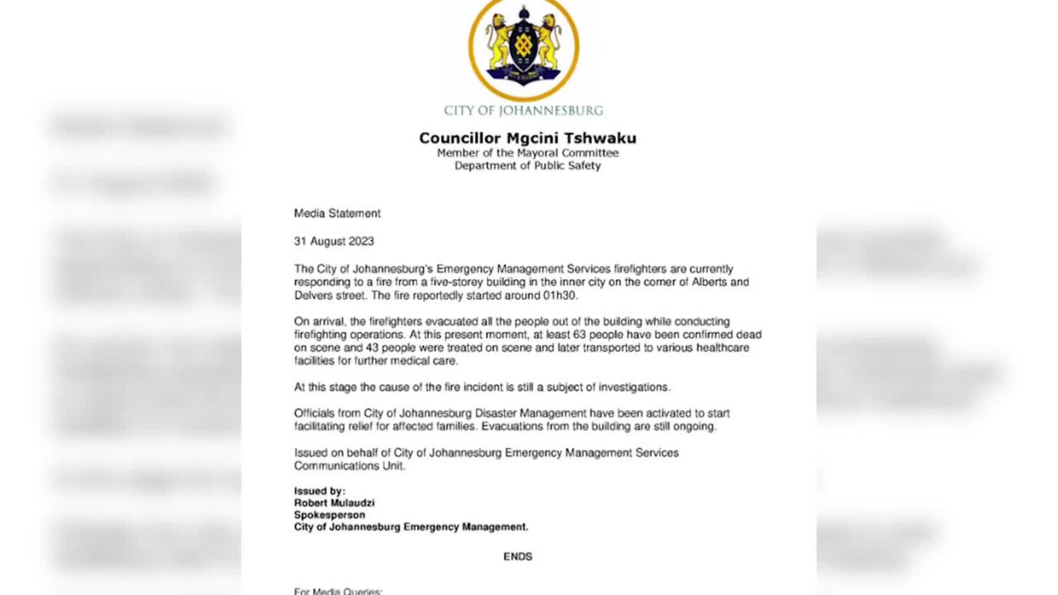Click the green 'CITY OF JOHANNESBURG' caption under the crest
523,111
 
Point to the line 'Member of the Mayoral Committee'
528,153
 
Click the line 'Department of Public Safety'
527,166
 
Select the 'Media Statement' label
337,214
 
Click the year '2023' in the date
361,241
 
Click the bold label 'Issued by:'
320,491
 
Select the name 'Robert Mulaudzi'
334,503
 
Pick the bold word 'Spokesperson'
330,515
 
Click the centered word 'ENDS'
517,556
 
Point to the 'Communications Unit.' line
349,466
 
